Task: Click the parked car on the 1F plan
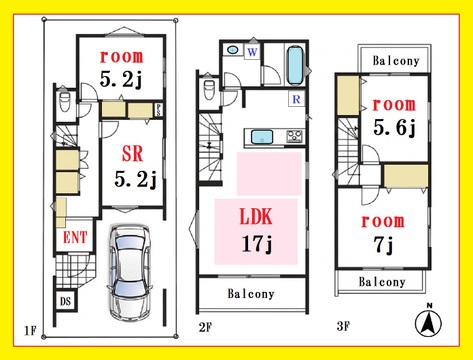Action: [x=130, y=273]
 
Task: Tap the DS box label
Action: [x=66, y=301]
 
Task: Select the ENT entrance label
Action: [x=75, y=238]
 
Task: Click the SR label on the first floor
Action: [x=132, y=154]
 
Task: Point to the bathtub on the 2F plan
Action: [x=295, y=65]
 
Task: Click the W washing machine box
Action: [x=253, y=52]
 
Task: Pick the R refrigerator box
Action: [x=296, y=99]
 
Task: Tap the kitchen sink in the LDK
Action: [x=262, y=137]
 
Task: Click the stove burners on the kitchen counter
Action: [x=295, y=136]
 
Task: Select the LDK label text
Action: [x=256, y=216]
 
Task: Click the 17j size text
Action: [x=257, y=244]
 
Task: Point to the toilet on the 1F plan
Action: [x=64, y=101]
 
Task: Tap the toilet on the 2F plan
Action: [x=209, y=89]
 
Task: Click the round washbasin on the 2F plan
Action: [x=233, y=50]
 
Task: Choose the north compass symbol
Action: [x=428, y=321]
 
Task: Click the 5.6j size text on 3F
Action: [x=394, y=128]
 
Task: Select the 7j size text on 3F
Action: [x=384, y=245]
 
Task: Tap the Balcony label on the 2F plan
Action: [x=251, y=294]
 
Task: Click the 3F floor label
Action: [x=343, y=326]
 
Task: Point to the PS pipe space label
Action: [x=158, y=110]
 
